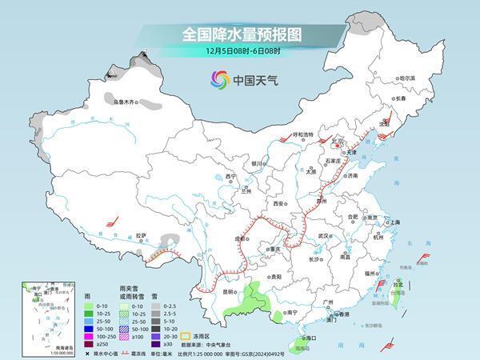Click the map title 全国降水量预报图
coord(239,34)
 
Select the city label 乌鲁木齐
coord(125,102)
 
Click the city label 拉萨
coord(141,236)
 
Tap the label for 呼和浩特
coord(304,134)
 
